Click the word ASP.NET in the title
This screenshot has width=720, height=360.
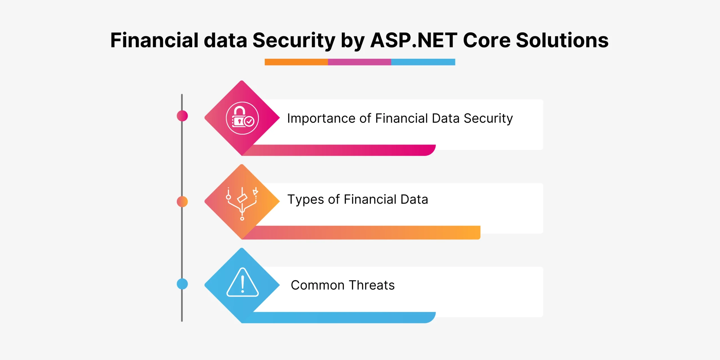click(x=414, y=40)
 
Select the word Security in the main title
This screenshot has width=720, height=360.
click(x=294, y=41)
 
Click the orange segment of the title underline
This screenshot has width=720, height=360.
click(x=296, y=62)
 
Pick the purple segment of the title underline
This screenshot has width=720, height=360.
click(x=359, y=62)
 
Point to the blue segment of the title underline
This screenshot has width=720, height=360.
click(x=423, y=62)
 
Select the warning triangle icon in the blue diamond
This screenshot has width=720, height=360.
click(x=242, y=282)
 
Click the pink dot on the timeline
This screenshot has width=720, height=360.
click(x=182, y=116)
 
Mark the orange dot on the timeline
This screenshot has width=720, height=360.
click(x=182, y=202)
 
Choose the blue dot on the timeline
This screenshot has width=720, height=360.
click(x=182, y=284)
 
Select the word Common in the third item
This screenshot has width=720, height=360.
click(x=318, y=285)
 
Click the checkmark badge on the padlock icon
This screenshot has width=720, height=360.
click(x=249, y=121)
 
